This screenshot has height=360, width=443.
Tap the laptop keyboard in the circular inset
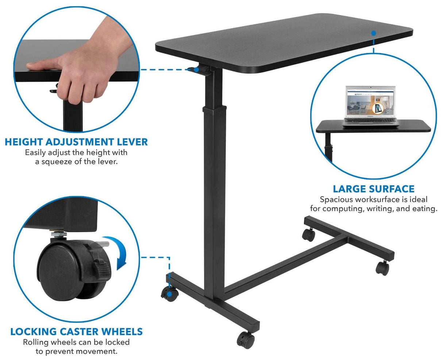pyautogui.click(x=371, y=120)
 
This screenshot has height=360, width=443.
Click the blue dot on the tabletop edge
pyautogui.click(x=374, y=33)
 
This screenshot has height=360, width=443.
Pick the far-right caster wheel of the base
pyautogui.click(x=382, y=268)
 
